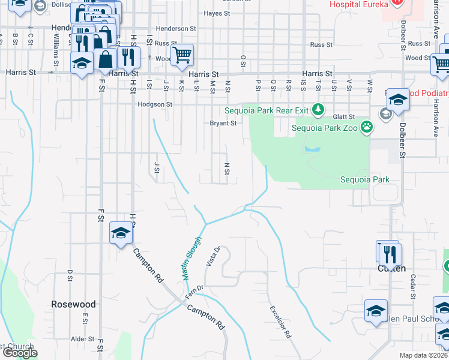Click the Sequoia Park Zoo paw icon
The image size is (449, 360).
tap(367, 127)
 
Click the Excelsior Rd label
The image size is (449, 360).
tap(280, 322)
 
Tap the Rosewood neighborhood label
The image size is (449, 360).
tap(73, 304)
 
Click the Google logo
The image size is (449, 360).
tap(19, 353)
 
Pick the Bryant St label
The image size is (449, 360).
tap(223, 124)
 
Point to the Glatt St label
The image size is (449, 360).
tap(344, 118)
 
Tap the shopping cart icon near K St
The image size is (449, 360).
tap(182, 55)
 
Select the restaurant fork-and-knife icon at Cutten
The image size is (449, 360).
tap(391, 254)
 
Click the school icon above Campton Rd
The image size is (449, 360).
tap(121, 233)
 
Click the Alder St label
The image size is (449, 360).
tap(79, 339)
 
